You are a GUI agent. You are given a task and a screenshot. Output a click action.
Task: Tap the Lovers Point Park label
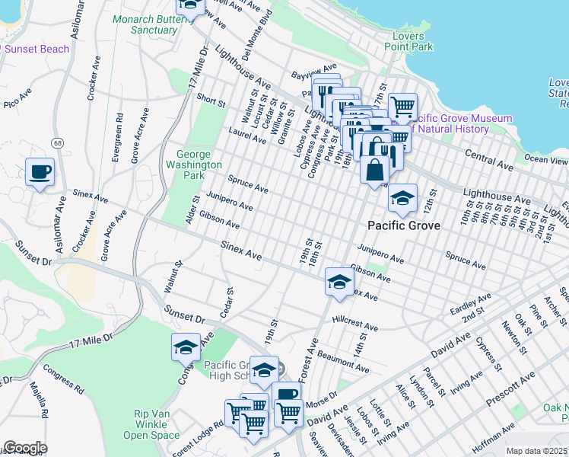(x=413, y=41)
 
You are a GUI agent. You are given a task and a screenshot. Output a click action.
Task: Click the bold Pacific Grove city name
(x=403, y=226)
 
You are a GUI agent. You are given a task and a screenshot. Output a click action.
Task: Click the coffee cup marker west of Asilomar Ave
(x=40, y=172)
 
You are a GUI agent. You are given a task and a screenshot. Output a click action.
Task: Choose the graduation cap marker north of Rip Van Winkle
(x=186, y=348)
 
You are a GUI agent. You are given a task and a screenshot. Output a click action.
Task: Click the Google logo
(x=25, y=447)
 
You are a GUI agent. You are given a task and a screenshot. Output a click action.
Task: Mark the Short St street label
(x=211, y=101)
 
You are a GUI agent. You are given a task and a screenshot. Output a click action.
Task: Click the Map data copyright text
(x=536, y=451)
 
